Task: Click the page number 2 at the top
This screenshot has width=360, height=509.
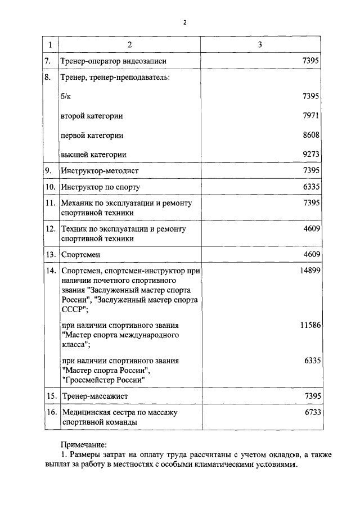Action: [x=184, y=23]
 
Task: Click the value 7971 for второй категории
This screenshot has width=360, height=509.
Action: [x=312, y=116]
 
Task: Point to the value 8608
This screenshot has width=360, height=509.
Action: [x=312, y=135]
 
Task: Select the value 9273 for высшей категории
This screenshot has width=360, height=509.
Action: [x=312, y=154]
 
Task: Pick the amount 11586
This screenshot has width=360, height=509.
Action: [x=309, y=326]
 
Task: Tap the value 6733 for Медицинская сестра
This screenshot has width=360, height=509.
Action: [x=312, y=412]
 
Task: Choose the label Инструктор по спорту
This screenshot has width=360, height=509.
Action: [x=100, y=186]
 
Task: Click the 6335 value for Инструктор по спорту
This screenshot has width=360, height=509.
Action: [x=312, y=186]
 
